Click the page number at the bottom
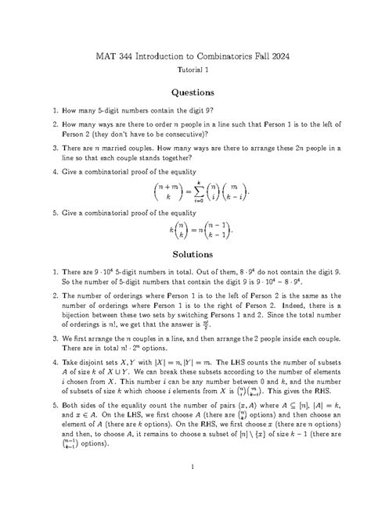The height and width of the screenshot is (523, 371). tap(185, 489)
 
